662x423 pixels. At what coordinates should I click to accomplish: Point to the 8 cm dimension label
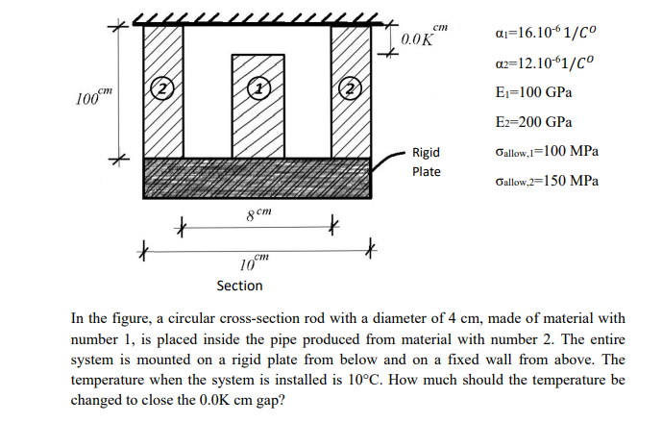pyautogui.click(x=254, y=211)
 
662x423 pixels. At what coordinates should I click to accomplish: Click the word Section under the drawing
pyautogui.click(x=239, y=286)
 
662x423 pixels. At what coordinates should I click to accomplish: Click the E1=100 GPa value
pyautogui.click(x=531, y=92)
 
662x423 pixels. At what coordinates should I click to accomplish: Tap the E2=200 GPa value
pyautogui.click(x=531, y=122)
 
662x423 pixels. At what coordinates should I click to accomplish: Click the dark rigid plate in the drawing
pyautogui.click(x=257, y=179)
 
